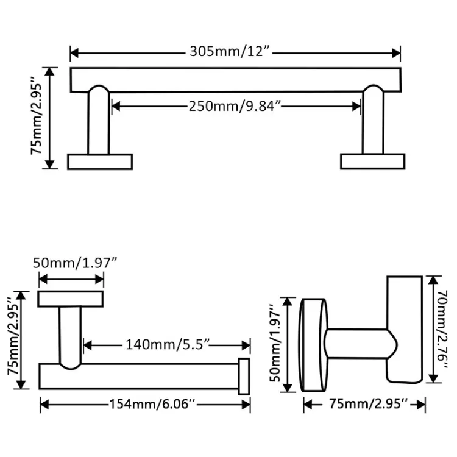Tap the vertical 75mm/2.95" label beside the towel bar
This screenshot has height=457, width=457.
[38, 118]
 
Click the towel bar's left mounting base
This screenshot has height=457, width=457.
[100, 161]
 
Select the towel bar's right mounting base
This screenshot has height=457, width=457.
[372, 161]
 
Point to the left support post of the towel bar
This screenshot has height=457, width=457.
[98, 122]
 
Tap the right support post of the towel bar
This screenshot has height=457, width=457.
[373, 122]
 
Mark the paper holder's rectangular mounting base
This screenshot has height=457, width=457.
[71, 299]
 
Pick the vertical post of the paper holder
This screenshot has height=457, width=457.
[70, 335]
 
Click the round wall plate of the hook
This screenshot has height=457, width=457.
[314, 344]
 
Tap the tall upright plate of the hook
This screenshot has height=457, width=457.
[405, 329]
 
